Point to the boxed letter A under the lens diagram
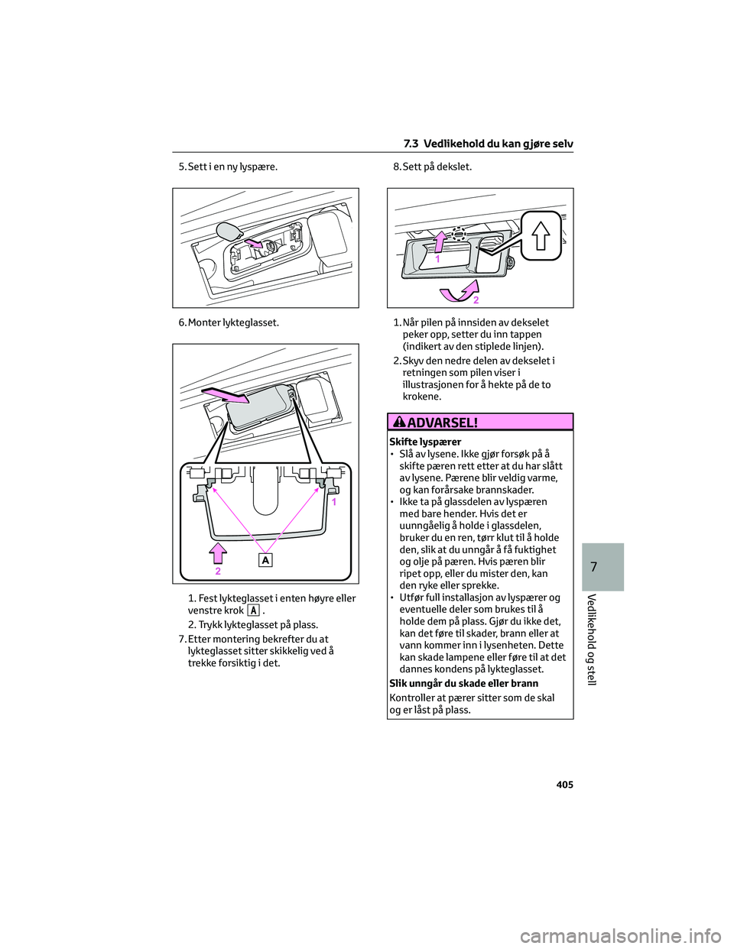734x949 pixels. click(265, 560)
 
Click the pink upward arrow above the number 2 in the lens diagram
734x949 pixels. click(218, 553)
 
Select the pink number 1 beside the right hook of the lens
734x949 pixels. click(334, 502)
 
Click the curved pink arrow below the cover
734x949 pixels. click(460, 291)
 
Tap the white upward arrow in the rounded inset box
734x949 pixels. click(541, 235)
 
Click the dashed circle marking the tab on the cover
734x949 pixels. click(458, 233)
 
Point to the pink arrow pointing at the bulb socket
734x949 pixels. click(255, 243)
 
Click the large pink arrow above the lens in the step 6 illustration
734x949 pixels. click(225, 395)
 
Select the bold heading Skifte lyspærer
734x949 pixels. click(425, 442)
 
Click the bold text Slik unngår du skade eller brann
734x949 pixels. click(463, 683)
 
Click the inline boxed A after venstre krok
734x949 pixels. click(252, 610)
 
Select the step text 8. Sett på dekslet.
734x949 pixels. click(433, 167)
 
